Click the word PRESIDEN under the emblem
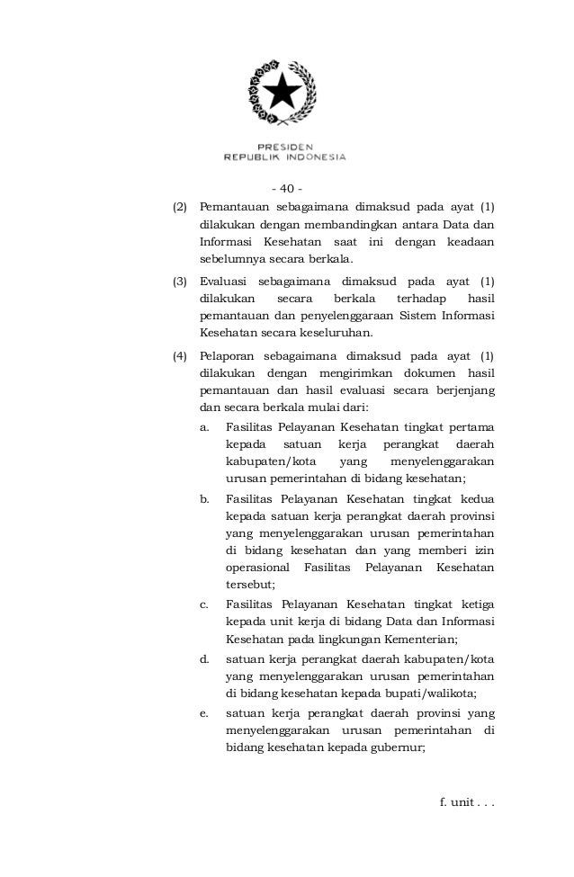tap(285, 146)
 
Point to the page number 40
tap(287, 189)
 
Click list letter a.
tap(205, 426)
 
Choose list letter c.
tap(205, 604)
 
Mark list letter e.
tap(205, 713)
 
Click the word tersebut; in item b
tap(251, 584)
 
